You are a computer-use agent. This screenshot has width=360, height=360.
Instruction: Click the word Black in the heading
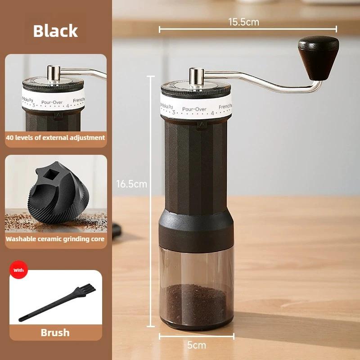pyautogui.click(x=55, y=31)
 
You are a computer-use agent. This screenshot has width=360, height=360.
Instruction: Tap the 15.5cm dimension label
pyautogui.click(x=243, y=22)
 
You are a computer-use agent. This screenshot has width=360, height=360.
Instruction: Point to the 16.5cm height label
pyautogui.click(x=131, y=184)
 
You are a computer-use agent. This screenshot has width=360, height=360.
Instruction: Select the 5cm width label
pyautogui.click(x=196, y=345)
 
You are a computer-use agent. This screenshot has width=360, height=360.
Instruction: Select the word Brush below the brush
pyautogui.click(x=55, y=333)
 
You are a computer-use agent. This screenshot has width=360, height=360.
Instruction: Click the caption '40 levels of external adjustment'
pyautogui.click(x=55, y=138)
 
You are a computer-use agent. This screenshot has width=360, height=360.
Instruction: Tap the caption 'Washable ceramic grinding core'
pyautogui.click(x=55, y=239)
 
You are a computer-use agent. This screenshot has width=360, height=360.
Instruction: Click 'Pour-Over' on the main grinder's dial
pyautogui.click(x=194, y=109)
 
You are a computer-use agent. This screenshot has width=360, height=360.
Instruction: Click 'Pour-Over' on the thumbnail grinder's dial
pyautogui.click(x=52, y=102)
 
